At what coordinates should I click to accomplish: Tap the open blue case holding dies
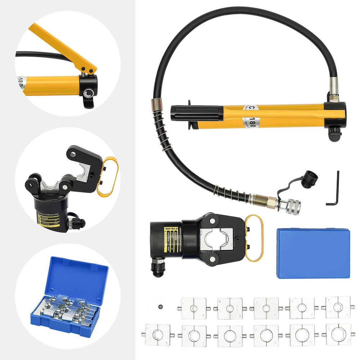click(x=68, y=293)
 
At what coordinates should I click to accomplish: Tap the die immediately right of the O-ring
click(x=194, y=308)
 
